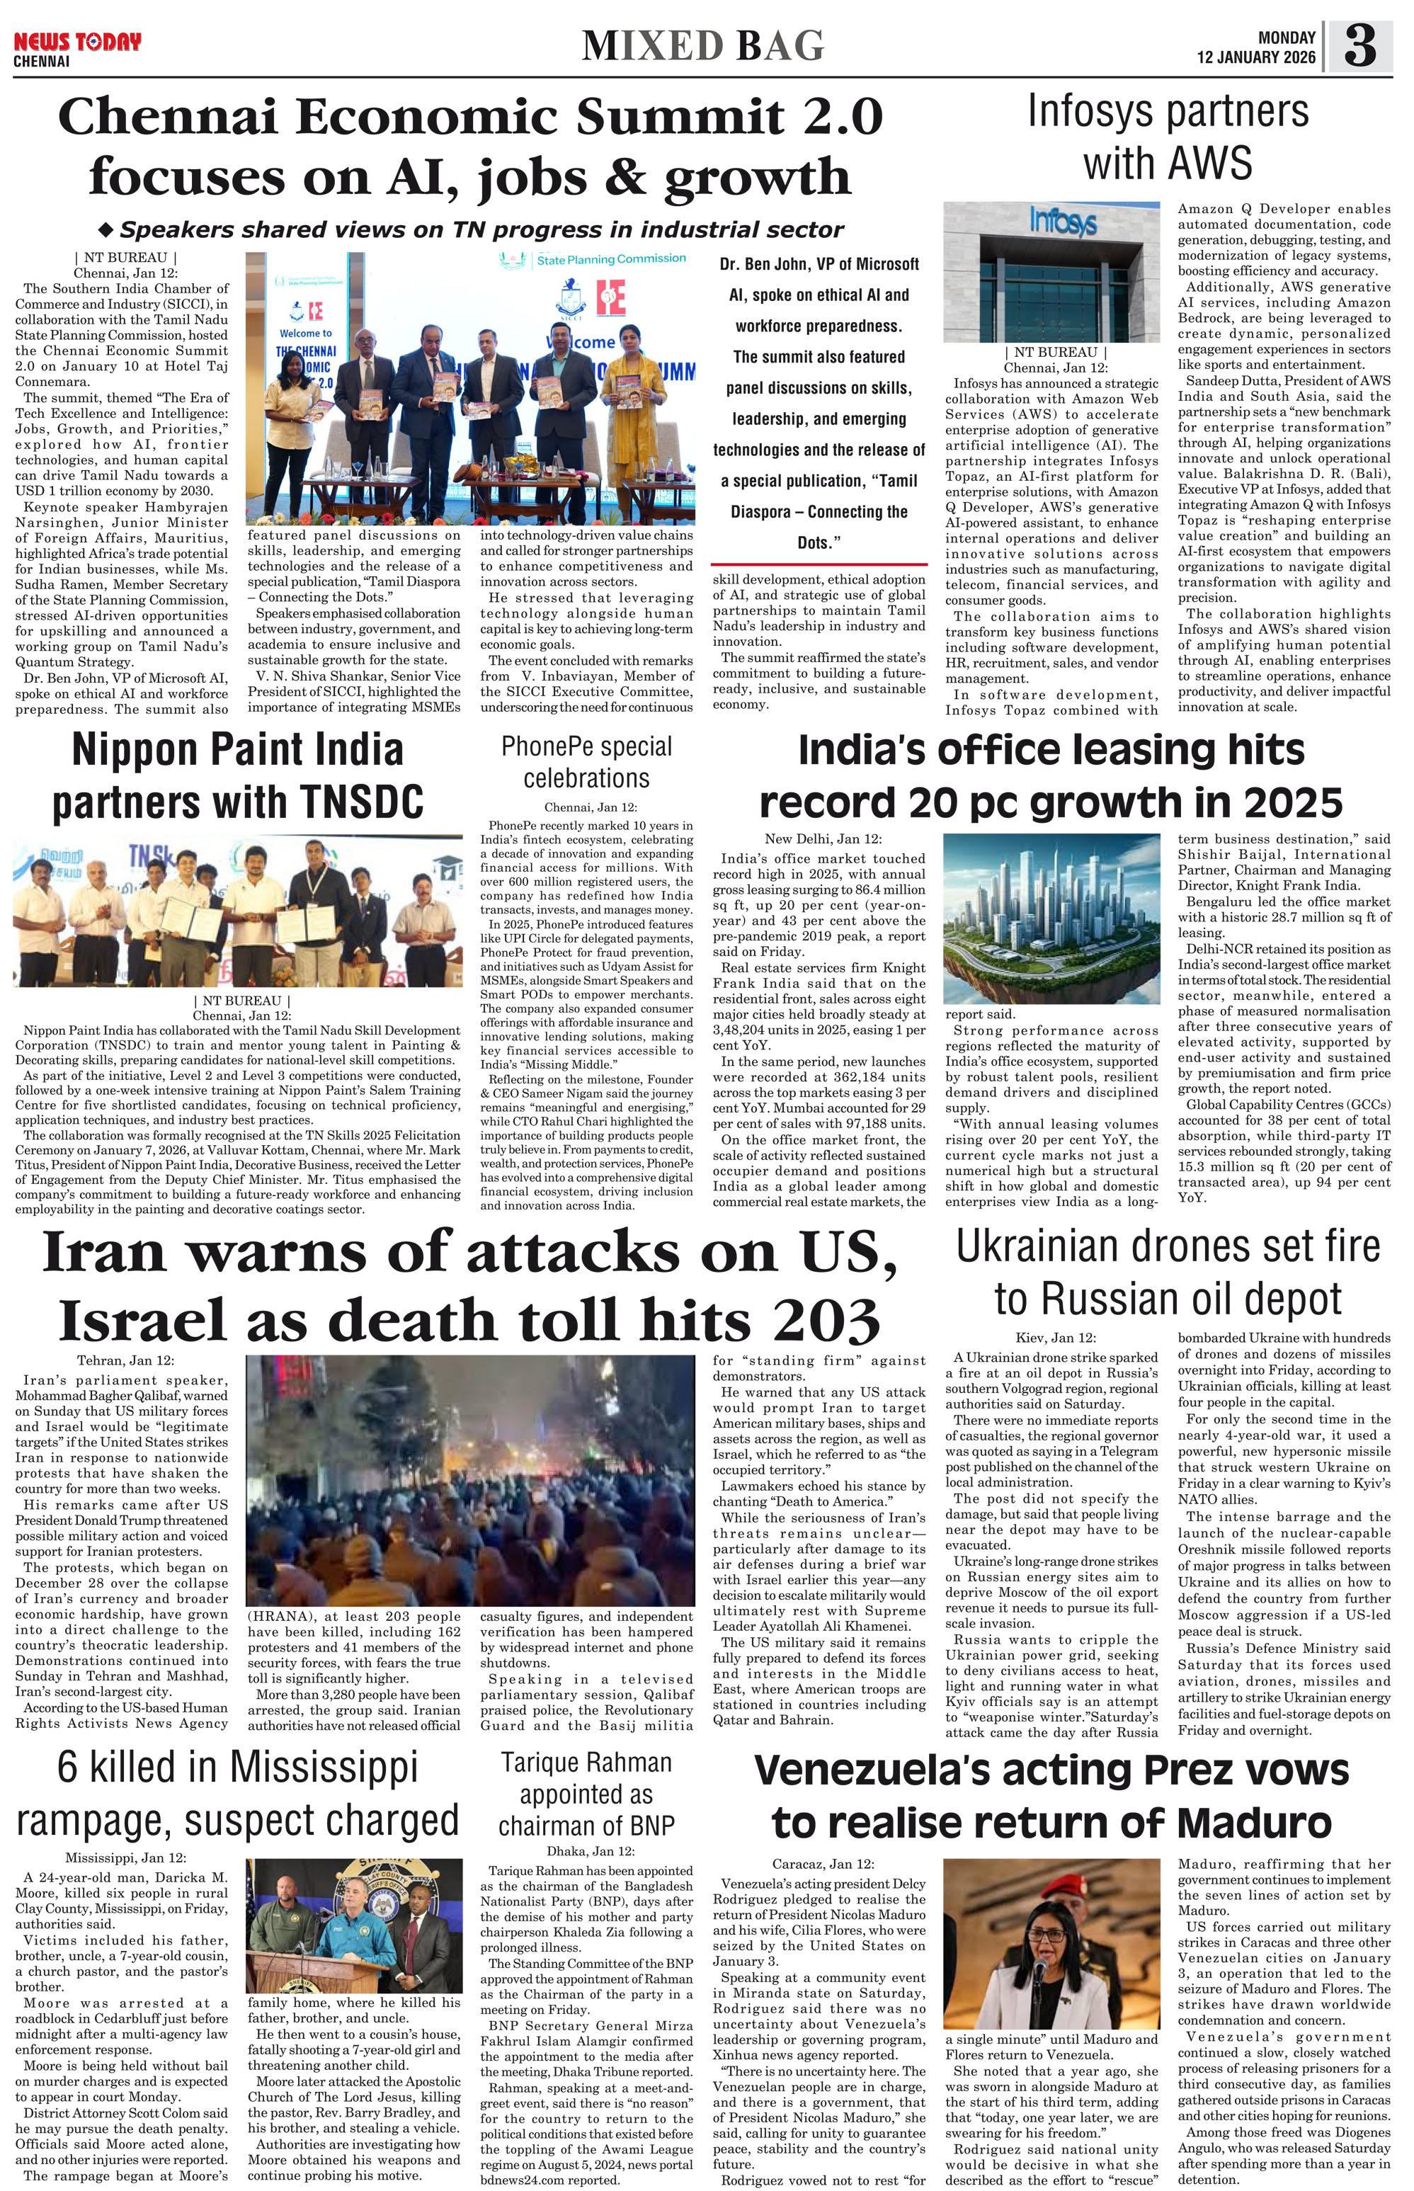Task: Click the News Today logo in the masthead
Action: [x=77, y=43]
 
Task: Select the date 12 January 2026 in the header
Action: [x=1255, y=57]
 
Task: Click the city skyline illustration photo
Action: [x=1051, y=918]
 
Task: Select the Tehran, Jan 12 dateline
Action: [x=125, y=1361]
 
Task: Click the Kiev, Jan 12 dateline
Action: [x=1055, y=1338]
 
